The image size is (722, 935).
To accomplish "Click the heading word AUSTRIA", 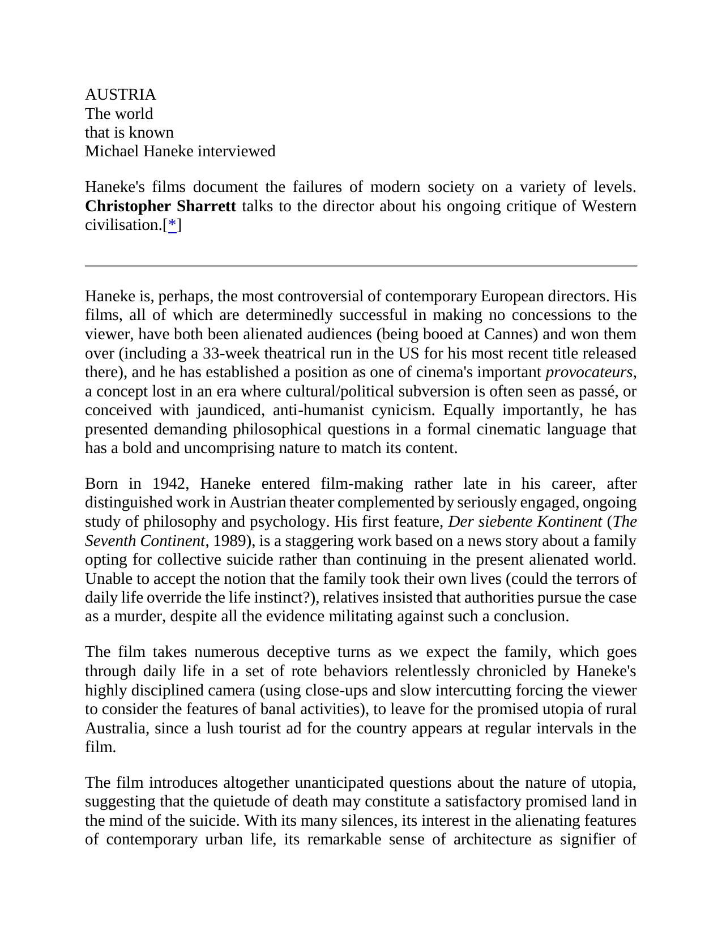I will (x=120, y=95).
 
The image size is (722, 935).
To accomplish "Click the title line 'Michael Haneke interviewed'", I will (x=180, y=151).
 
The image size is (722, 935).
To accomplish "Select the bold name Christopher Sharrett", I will (x=160, y=206).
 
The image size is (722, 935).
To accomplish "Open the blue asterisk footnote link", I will (x=172, y=225).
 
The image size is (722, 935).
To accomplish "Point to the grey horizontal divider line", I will (x=361, y=266).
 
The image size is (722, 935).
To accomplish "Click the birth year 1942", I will (x=168, y=484).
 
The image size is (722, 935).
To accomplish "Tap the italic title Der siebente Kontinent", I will (x=524, y=522).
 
